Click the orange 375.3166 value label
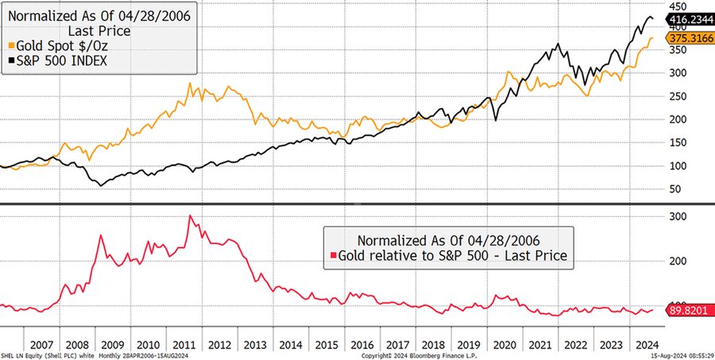pos(690,40)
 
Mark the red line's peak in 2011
pos(191,215)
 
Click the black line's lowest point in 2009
pos(100,186)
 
